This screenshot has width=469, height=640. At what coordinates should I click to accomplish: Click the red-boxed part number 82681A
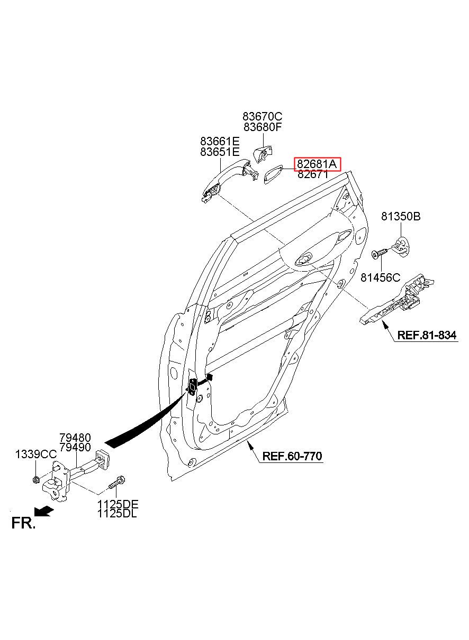tap(317, 164)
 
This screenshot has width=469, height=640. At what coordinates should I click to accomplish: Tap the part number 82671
tap(313, 174)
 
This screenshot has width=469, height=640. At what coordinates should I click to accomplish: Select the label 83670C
tap(263, 116)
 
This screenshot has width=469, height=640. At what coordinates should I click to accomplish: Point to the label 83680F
tap(263, 127)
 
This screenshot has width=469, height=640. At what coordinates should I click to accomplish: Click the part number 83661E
tap(220, 141)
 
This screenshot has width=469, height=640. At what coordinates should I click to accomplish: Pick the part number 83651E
tap(220, 152)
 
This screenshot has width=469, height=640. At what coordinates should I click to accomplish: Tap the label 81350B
tap(401, 217)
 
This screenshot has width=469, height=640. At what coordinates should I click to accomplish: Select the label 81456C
tap(380, 277)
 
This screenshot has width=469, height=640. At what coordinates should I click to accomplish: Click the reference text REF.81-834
tap(427, 335)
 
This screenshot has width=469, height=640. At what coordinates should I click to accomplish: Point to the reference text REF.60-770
tap(292, 456)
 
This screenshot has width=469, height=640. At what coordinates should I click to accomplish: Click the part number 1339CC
tap(36, 454)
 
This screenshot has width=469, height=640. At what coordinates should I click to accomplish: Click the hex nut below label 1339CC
tap(36, 479)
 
